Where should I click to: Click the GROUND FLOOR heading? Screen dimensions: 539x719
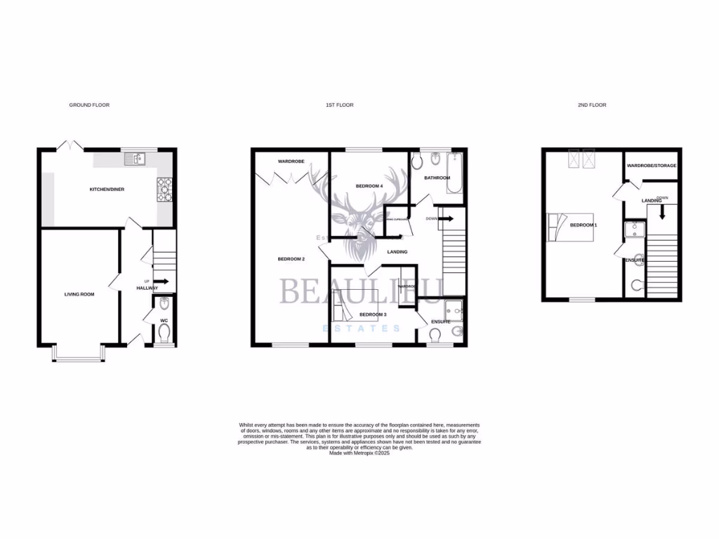[x=89, y=105]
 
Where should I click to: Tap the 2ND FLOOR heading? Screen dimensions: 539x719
[x=592, y=105]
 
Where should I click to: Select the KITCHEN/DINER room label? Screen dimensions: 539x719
[x=107, y=189]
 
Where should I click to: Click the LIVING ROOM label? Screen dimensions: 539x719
[x=79, y=294]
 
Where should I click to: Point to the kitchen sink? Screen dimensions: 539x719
[x=134, y=159]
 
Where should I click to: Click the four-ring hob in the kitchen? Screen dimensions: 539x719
[x=166, y=189]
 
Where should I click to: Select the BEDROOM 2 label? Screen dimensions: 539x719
[x=291, y=259]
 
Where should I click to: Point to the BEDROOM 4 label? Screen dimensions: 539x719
[x=369, y=186]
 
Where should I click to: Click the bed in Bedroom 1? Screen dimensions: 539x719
[x=570, y=227]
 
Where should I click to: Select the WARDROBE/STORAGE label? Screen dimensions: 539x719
[x=652, y=166]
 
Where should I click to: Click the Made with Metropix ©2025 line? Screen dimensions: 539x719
[x=359, y=453]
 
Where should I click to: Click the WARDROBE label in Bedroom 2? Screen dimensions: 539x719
[x=290, y=161]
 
